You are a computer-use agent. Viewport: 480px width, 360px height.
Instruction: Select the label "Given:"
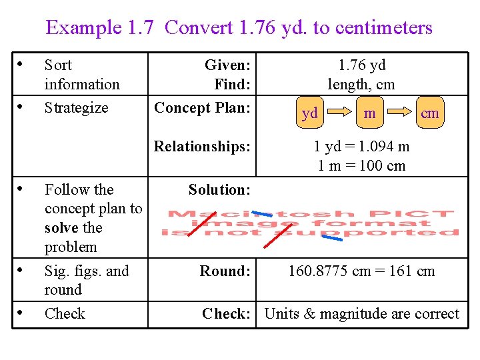coord(227,65)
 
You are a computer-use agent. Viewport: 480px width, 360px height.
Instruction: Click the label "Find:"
coord(232,85)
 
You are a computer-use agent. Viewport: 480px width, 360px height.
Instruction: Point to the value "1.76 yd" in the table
coord(361,65)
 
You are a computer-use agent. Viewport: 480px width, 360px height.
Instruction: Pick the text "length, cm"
coord(361,85)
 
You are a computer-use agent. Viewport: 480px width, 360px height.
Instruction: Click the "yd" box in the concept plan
coord(310,113)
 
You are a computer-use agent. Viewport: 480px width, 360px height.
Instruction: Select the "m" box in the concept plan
coord(369,113)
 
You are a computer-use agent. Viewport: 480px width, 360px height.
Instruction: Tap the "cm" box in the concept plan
coord(430,113)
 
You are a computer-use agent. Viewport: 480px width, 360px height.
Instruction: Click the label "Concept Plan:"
coord(202,107)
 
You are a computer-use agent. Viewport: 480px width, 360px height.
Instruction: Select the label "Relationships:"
coord(202,146)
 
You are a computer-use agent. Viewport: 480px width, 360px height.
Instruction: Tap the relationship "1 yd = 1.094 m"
coord(361,146)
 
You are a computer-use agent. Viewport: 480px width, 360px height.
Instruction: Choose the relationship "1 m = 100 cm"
coord(361,165)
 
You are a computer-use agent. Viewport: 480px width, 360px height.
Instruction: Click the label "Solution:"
coord(219,190)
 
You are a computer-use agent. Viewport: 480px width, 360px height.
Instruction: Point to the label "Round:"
coord(225,271)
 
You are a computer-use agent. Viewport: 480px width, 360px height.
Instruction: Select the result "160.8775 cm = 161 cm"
coord(361,271)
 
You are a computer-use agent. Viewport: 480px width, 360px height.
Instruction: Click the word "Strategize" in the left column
coord(76,107)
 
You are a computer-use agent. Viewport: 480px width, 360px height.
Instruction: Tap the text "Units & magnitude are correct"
coord(361,314)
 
